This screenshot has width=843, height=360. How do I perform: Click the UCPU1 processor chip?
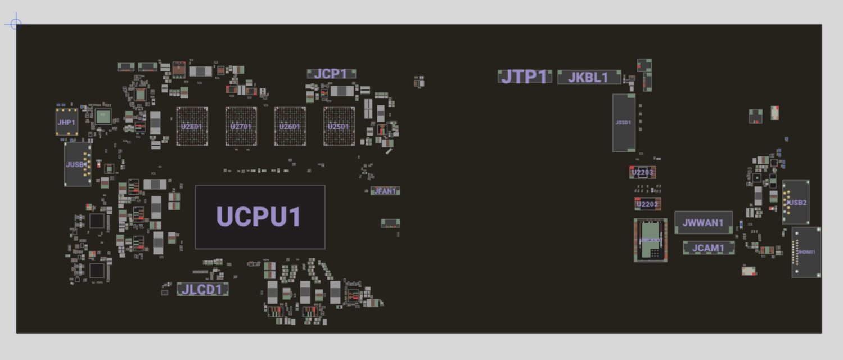point(260,217)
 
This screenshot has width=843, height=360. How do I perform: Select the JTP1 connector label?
point(524,76)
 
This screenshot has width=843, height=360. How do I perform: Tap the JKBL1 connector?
point(589,77)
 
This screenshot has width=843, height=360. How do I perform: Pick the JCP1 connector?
point(331,74)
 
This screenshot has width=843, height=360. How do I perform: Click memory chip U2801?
point(192,127)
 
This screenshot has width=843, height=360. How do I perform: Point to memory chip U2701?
point(241,127)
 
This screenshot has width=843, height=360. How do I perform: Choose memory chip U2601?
point(290,127)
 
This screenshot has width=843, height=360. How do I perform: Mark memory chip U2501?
point(339,127)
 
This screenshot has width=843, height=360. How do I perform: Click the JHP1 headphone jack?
point(66,122)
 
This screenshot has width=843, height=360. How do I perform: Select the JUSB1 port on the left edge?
point(77,164)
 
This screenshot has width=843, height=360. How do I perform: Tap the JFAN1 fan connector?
point(385,191)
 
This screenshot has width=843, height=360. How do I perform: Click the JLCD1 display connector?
point(202,290)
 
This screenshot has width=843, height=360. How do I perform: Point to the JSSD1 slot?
point(624,123)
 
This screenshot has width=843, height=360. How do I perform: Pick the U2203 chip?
point(642,172)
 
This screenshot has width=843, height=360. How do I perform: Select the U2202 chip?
point(647,204)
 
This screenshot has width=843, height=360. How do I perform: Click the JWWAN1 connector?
point(703,222)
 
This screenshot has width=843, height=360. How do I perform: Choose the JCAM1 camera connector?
point(709,247)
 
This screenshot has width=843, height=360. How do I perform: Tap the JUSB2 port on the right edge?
point(796,202)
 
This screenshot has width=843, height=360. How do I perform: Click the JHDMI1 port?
point(806,252)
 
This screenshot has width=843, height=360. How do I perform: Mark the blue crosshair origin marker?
point(16,24)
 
